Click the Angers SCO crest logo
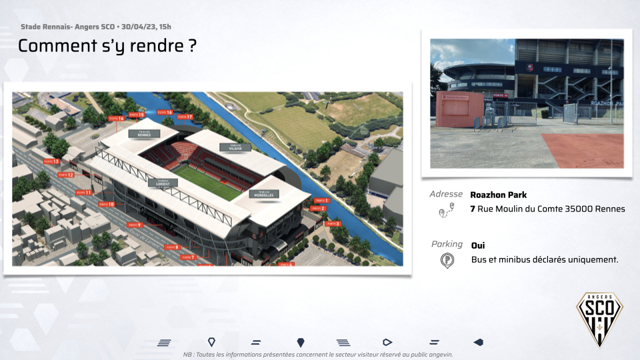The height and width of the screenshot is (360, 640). pos(599,319)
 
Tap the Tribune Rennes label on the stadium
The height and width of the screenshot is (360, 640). pos(149,134)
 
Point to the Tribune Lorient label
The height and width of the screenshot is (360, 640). pos(163,182)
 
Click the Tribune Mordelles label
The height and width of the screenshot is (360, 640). pos(263,194)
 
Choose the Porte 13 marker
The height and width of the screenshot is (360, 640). pos(51,161)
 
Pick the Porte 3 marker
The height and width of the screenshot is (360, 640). pos(333,224)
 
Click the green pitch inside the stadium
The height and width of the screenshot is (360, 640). pos(207,180)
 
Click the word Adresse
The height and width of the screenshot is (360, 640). pos(446,195)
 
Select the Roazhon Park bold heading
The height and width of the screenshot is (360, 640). pos(498,195)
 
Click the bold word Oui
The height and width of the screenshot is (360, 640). pos(478,245)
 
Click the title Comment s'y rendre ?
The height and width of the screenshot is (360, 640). pos(107,46)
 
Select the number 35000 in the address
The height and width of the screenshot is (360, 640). pos(580,209)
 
